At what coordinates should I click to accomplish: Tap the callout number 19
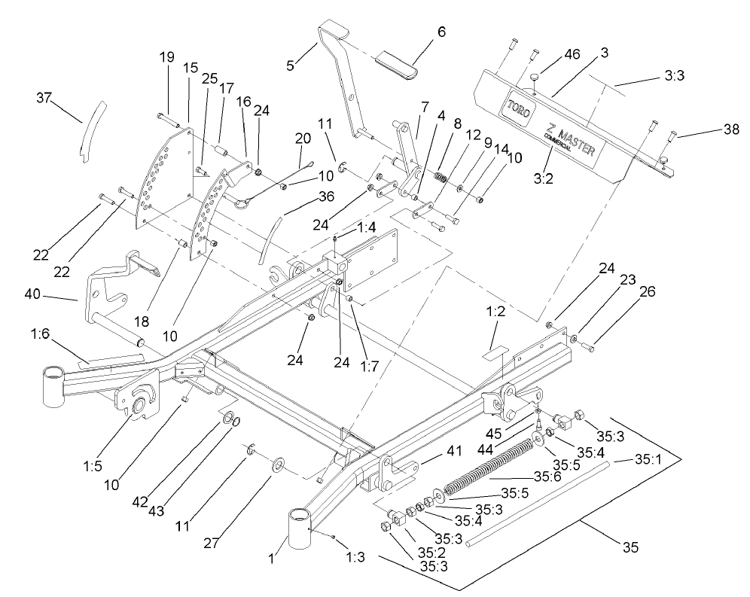point(166,56)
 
